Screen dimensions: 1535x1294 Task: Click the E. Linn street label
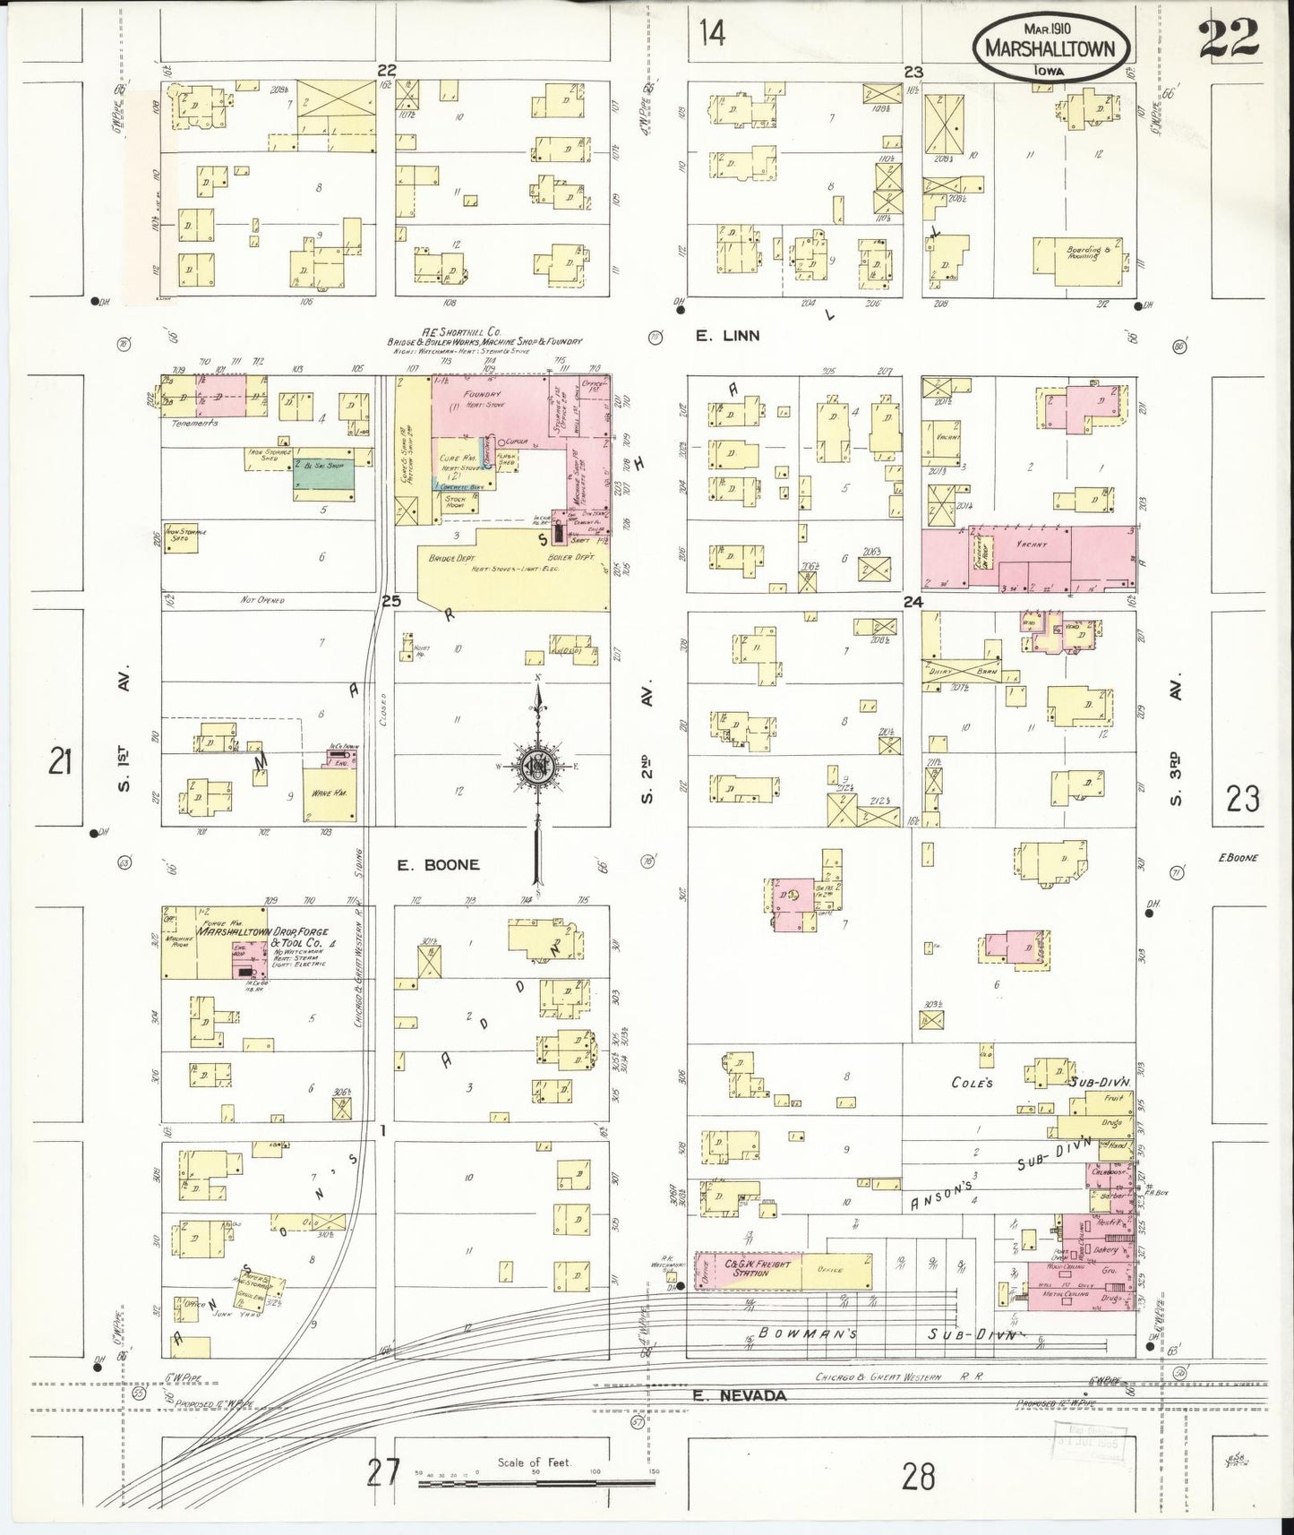(729, 336)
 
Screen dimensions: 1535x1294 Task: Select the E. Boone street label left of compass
(439, 865)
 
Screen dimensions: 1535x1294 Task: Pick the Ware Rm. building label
(323, 793)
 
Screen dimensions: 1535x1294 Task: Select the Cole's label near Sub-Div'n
(973, 1083)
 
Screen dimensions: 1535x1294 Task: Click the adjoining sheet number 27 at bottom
(381, 1471)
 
